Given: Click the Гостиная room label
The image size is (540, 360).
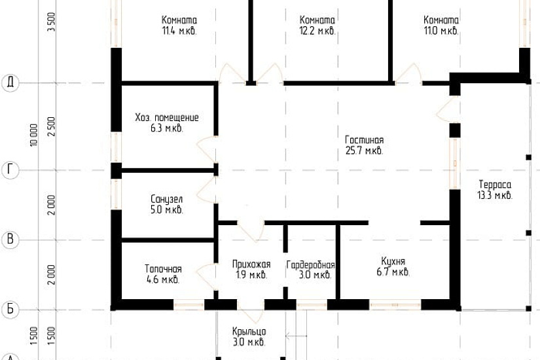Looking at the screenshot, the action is coord(365,140).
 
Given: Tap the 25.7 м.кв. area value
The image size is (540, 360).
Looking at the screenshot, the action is coord(365,151).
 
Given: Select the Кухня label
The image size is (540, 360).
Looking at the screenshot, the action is coord(393,261).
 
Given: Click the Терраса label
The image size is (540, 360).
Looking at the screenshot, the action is coord(495,185).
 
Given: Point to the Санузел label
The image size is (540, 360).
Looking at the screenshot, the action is coord(167,199).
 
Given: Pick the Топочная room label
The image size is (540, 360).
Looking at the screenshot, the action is coord(163,269).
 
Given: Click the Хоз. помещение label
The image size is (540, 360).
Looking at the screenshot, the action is coord(167,117).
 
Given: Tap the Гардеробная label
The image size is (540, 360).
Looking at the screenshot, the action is coord(311,265).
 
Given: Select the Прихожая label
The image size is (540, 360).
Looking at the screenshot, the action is coord(251,264).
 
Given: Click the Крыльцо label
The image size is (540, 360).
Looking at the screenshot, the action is coord(249,331).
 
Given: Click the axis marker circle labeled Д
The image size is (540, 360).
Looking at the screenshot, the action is coord(10,83).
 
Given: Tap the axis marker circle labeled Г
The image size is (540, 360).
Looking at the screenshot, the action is coord(10,170).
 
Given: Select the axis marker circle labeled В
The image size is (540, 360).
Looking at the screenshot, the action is coord(10,240).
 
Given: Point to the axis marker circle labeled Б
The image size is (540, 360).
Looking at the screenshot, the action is coord(10,309).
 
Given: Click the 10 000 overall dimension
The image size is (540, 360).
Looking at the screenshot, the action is coord(33,135).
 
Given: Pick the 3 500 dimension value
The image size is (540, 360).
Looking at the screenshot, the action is coord(51,22).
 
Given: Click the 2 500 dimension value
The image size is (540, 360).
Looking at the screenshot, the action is coord(51,126).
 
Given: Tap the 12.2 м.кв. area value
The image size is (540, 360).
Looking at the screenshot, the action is coord(317,31).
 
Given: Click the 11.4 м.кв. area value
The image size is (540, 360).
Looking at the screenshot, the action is coord(179,31).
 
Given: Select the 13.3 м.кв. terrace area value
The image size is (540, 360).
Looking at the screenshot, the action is coord(495,196).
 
